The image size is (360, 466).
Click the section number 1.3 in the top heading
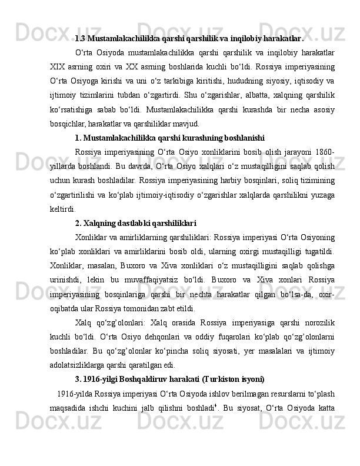tap(81, 39)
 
